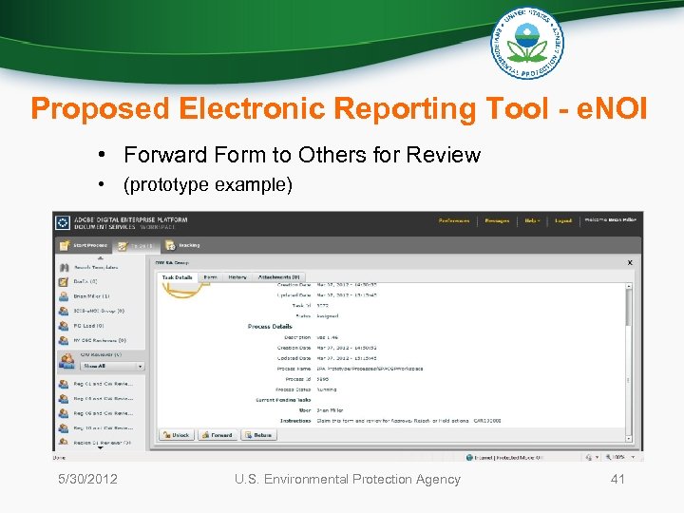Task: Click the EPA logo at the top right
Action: point(526,44)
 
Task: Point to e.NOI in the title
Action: point(608,108)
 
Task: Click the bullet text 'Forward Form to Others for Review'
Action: point(302,155)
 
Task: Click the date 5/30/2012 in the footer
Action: point(86,479)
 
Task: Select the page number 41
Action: point(617,479)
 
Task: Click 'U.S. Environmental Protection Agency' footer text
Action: point(348,479)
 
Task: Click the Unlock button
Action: point(176,435)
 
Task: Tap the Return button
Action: point(258,435)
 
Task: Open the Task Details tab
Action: point(177,277)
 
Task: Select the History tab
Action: point(237,277)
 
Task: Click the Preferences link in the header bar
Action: point(453,220)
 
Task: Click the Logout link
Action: point(563,220)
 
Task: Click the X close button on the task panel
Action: point(630,262)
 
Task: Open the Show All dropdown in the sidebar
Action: point(111,366)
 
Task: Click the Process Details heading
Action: point(270,327)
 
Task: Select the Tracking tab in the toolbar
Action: point(189,245)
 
